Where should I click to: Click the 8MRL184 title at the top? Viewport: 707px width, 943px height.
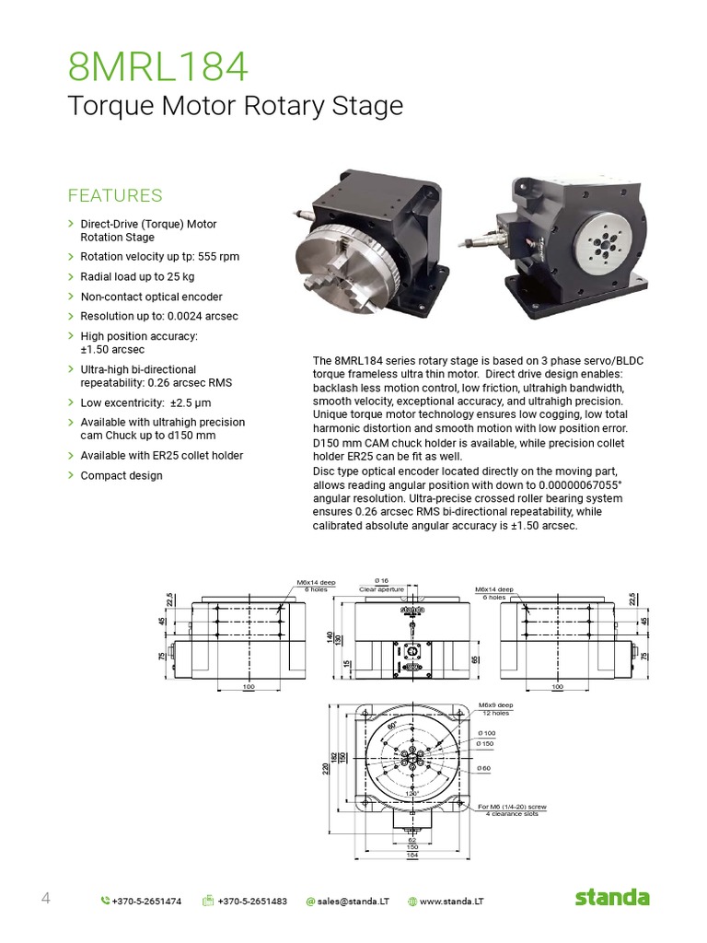click(x=158, y=67)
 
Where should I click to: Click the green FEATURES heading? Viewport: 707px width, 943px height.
click(x=115, y=195)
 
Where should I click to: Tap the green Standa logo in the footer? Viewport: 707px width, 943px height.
click(x=612, y=898)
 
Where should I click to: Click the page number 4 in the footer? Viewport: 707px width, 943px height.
click(x=45, y=899)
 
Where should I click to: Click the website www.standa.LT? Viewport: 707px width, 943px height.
click(x=451, y=901)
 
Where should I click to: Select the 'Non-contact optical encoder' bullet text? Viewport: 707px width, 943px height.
click(x=151, y=297)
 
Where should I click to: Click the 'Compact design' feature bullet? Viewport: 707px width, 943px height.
click(x=122, y=475)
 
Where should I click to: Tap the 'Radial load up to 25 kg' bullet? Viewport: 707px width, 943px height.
click(x=137, y=276)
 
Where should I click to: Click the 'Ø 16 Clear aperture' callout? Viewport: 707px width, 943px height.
click(x=381, y=585)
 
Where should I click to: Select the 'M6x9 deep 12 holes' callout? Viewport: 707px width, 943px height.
click(x=496, y=709)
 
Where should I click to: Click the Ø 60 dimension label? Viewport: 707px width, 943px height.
click(x=484, y=767)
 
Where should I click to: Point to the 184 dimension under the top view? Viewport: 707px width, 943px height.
click(x=411, y=856)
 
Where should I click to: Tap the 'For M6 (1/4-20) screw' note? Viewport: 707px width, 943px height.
click(x=514, y=808)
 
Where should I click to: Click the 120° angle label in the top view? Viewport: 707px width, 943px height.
click(x=411, y=792)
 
